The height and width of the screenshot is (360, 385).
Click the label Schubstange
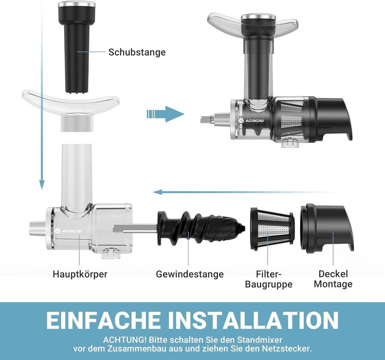click(x=137, y=52)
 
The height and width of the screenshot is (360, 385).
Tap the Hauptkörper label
click(x=80, y=274)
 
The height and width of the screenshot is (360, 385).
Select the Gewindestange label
click(x=190, y=274)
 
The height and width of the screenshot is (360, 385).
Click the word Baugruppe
click(x=269, y=285)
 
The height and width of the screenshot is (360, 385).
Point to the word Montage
click(x=333, y=284)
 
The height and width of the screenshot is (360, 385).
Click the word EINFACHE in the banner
click(x=103, y=320)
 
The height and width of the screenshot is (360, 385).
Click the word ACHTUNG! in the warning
click(x=125, y=340)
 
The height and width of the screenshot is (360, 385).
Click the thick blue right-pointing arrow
click(x=166, y=114)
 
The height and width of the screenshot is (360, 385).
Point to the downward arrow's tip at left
click(x=42, y=189)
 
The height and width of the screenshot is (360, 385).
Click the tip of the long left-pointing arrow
click(x=153, y=192)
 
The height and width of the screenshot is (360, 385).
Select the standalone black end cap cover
click(x=327, y=228)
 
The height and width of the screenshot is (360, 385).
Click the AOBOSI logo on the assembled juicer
click(x=251, y=121)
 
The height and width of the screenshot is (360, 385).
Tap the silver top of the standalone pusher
click(x=77, y=4)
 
